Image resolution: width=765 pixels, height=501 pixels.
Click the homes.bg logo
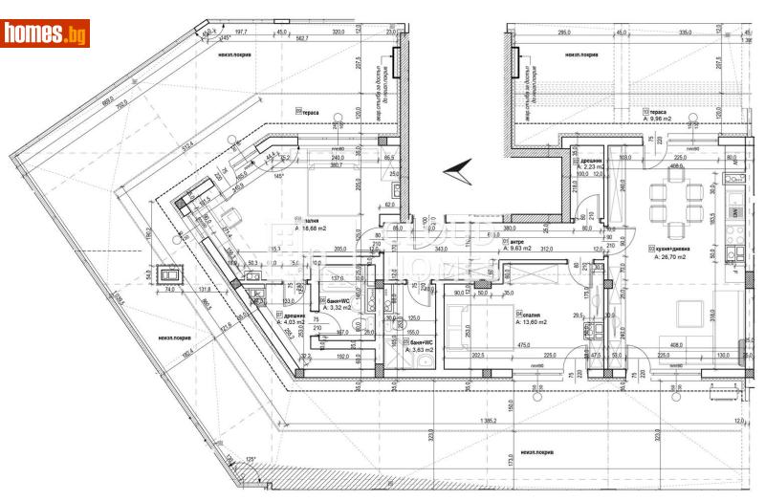[45, 33]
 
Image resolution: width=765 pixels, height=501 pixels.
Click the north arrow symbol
[457, 170]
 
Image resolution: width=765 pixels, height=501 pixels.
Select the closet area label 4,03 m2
[292, 321]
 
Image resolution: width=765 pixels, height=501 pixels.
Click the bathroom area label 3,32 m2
[339, 308]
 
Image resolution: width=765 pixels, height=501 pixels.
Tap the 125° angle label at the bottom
[251, 460]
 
